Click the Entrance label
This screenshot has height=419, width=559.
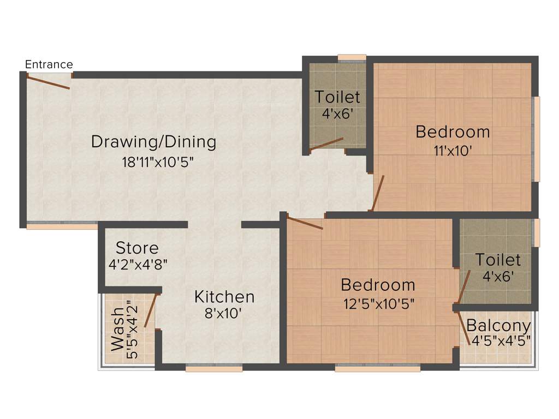click(x=49, y=64)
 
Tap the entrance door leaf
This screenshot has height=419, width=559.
click(x=48, y=82)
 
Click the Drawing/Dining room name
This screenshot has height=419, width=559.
click(x=153, y=142)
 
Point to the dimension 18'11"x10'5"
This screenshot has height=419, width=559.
click(x=158, y=162)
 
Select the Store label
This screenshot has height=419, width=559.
click(x=137, y=248)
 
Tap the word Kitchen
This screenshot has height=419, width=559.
click(x=224, y=297)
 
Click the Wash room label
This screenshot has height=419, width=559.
click(x=117, y=330)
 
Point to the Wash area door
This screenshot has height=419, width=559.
click(x=151, y=310)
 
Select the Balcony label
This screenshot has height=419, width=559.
click(x=498, y=326)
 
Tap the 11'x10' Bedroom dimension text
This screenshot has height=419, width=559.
click(x=453, y=151)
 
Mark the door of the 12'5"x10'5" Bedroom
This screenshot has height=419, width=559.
click(x=305, y=223)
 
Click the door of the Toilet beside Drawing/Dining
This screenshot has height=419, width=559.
click(x=326, y=143)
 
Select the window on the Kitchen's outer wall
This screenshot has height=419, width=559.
click(x=213, y=369)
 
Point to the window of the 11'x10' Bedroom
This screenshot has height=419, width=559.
click(x=537, y=139)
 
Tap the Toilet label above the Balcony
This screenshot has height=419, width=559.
click(x=497, y=260)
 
